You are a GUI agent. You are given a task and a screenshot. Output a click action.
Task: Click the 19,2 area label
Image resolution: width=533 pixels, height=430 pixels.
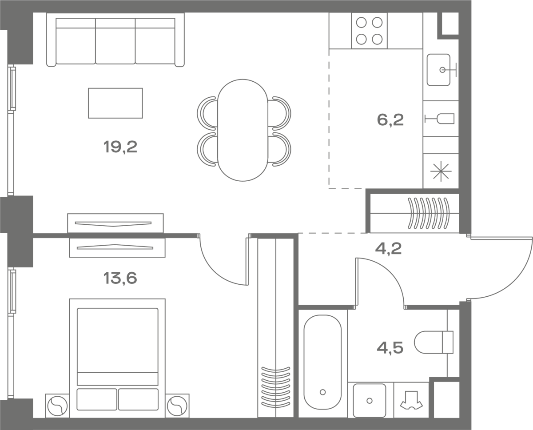(x=120, y=147)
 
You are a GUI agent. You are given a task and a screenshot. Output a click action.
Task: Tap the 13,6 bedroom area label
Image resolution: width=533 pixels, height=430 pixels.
(x=120, y=278)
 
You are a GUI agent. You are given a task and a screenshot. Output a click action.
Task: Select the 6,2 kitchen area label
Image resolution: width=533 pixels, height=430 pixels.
(x=390, y=120)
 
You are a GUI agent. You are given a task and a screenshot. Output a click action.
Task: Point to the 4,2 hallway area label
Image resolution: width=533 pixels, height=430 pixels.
(x=388, y=249)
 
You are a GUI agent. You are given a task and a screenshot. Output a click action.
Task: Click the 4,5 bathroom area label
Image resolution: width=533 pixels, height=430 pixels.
(x=390, y=348)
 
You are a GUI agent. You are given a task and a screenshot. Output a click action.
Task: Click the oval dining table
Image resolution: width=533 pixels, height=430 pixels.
(x=243, y=130)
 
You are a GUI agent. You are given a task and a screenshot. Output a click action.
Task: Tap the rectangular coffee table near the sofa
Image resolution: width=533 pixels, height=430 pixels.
(x=115, y=103)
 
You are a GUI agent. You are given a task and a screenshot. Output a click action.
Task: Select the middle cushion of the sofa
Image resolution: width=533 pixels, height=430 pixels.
(x=115, y=41)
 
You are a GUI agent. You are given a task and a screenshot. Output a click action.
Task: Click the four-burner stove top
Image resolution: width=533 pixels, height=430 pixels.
(x=369, y=31)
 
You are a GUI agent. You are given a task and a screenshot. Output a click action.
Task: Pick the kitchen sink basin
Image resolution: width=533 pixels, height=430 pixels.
(x=438, y=70)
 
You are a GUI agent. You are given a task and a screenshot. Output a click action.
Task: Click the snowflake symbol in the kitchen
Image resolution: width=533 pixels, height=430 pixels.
(x=441, y=171)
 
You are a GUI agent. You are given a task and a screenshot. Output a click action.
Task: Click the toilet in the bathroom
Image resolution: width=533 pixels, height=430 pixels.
(x=434, y=342)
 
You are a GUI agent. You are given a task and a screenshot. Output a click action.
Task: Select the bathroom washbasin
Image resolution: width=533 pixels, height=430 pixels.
(x=370, y=401)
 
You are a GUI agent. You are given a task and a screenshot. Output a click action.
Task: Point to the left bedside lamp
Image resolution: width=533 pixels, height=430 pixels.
(x=57, y=406)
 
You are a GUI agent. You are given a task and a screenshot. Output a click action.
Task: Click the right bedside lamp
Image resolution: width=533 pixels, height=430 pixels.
(x=177, y=406)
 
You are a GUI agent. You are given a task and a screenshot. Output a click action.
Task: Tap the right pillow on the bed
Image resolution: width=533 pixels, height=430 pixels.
(x=138, y=399)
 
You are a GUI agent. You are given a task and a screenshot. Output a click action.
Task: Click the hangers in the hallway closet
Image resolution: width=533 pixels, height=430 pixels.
(x=429, y=213)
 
